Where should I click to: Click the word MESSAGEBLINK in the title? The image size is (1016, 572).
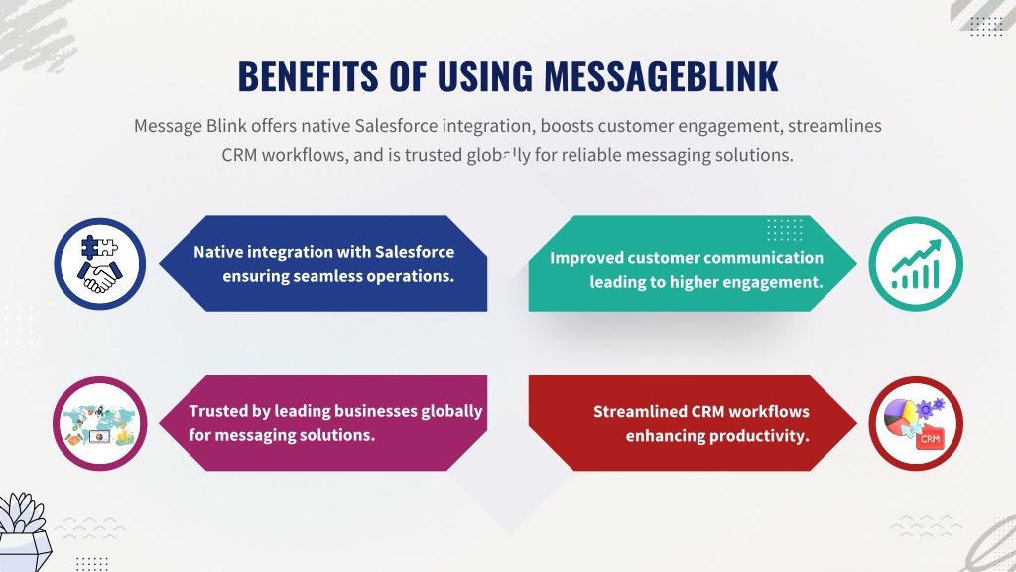(x=661, y=75)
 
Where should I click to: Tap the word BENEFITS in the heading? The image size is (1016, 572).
(x=308, y=75)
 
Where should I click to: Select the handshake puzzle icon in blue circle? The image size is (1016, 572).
(x=100, y=264)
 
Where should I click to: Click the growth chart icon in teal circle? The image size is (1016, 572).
(x=916, y=264)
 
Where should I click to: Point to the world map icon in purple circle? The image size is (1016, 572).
(x=100, y=423)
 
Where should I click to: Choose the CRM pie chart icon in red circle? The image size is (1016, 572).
(x=916, y=423)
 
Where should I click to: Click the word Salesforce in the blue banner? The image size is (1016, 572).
(x=415, y=251)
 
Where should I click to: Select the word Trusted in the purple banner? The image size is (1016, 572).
(x=218, y=411)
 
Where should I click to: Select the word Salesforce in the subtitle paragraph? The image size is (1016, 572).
(x=396, y=126)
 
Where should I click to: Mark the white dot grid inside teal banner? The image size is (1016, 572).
(x=785, y=229)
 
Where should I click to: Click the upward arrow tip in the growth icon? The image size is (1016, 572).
(x=939, y=242)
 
